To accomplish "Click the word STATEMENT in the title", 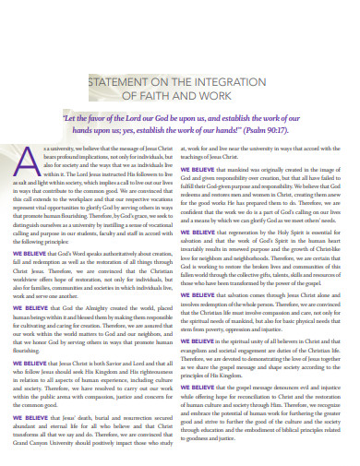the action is point(120,80).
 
